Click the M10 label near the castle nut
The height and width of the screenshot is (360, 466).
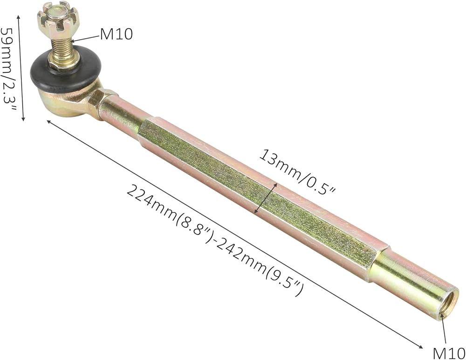116,34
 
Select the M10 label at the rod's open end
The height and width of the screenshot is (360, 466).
449,353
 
